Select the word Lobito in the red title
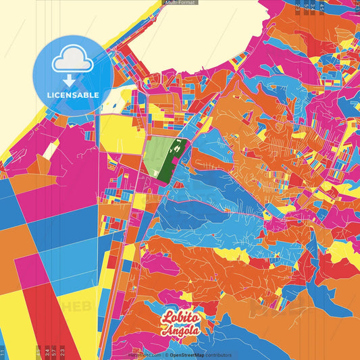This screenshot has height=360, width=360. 180,319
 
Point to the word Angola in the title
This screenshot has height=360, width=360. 180,331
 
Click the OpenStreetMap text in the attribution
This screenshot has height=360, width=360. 188,355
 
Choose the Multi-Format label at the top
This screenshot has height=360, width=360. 180,3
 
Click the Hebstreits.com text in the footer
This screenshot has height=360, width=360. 144,355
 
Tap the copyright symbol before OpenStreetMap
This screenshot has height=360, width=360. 166,355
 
